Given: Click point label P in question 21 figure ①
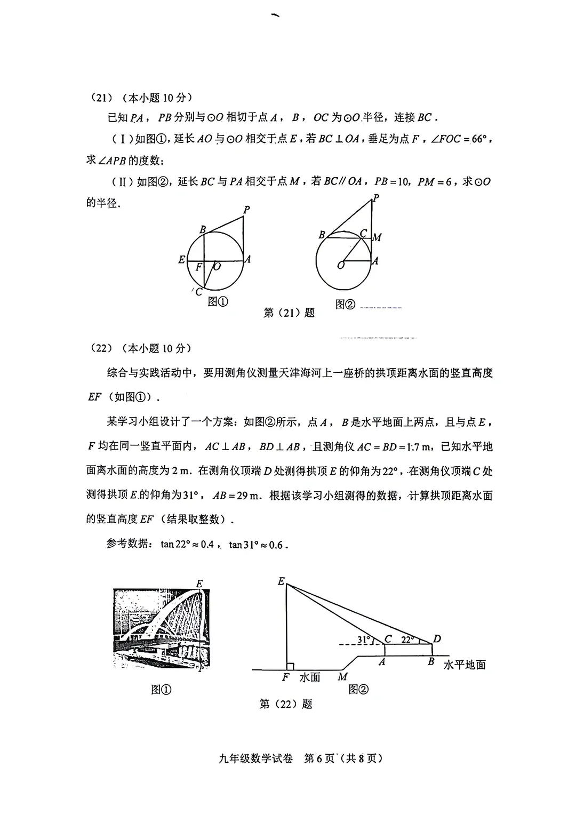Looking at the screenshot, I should pyautogui.click(x=246, y=210).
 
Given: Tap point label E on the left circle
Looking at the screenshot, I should pyautogui.click(x=182, y=260).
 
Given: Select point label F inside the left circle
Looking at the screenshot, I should pyautogui.click(x=198, y=267).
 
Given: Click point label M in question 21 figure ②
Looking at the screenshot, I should pyautogui.click(x=378, y=237).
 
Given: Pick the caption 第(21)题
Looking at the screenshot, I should pyautogui.click(x=289, y=313).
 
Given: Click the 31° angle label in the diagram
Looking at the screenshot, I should pyautogui.click(x=364, y=640).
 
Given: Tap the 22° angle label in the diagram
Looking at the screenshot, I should pyautogui.click(x=407, y=640).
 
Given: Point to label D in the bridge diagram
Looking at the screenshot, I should pyautogui.click(x=437, y=638).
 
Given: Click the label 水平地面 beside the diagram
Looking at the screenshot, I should pyautogui.click(x=465, y=665).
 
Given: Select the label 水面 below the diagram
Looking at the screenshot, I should pyautogui.click(x=310, y=677).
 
